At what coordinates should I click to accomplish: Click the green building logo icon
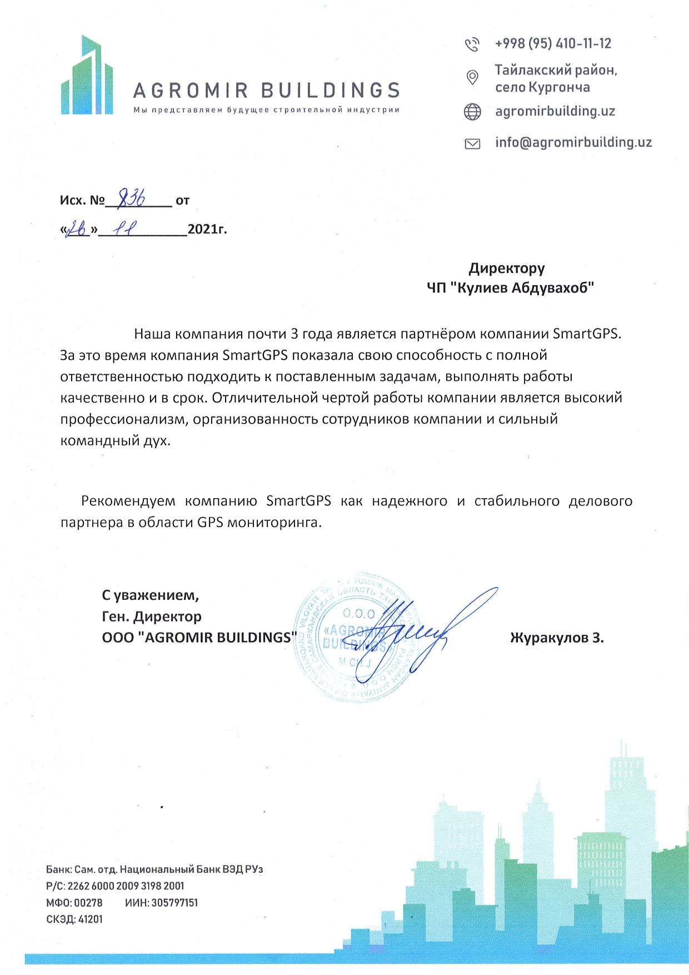(87, 76)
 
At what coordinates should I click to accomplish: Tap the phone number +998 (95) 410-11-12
(553, 43)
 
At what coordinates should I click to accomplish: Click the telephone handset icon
(472, 44)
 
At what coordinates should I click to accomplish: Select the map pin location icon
(472, 77)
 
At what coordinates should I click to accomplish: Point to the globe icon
(472, 112)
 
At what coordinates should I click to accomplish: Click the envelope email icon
(472, 144)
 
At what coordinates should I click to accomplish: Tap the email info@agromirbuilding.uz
(573, 142)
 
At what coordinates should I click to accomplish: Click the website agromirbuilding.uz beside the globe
(555, 111)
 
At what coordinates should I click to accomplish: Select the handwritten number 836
(132, 197)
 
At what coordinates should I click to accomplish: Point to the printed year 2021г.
(207, 229)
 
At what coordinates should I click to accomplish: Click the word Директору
(507, 268)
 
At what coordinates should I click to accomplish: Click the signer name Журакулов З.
(557, 638)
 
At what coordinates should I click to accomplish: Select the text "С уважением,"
(150, 595)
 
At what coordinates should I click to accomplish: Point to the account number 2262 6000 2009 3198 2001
(126, 886)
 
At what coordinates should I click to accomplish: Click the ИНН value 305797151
(174, 902)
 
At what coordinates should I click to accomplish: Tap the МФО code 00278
(88, 902)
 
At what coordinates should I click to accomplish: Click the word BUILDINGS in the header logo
(330, 91)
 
